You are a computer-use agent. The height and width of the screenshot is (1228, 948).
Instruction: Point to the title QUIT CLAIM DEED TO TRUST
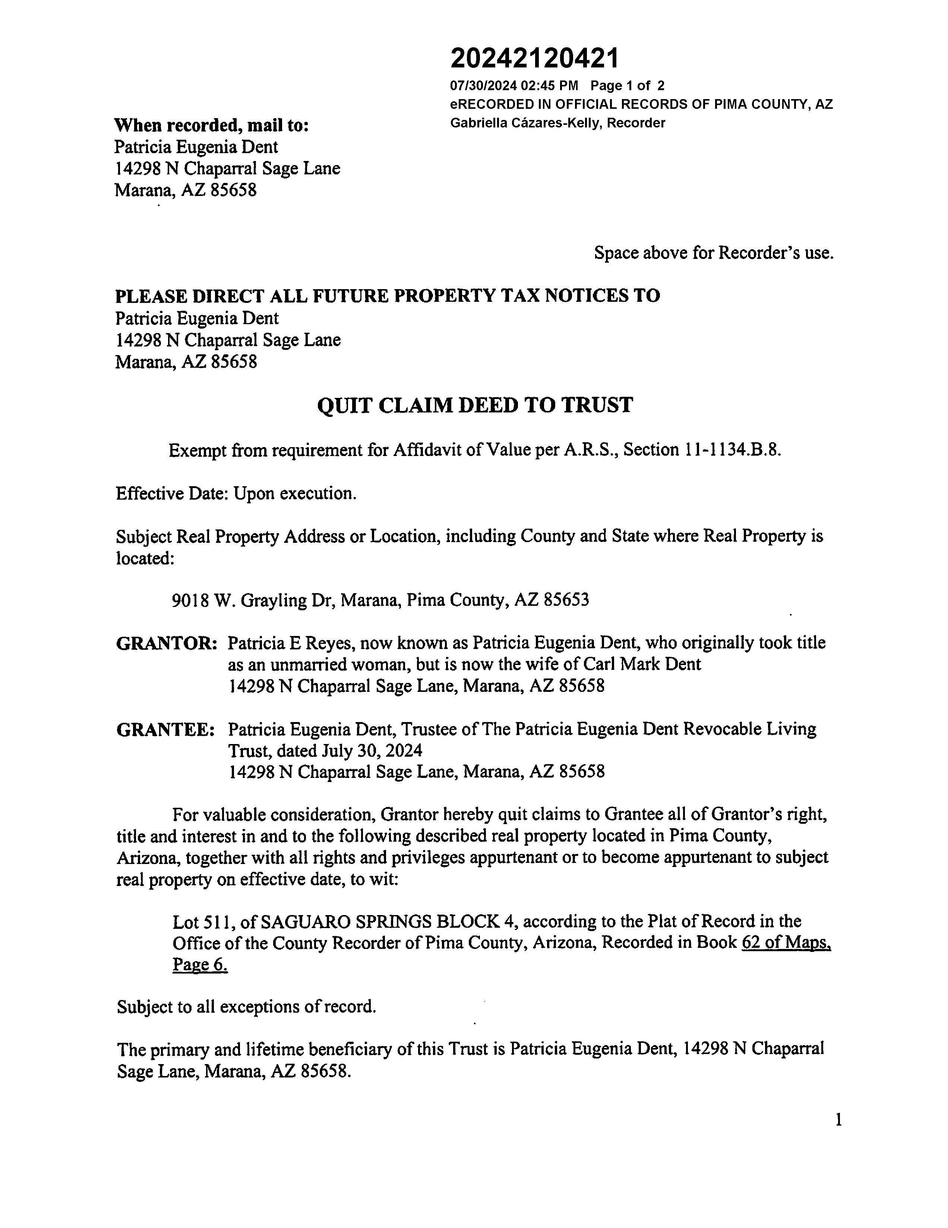pos(475,405)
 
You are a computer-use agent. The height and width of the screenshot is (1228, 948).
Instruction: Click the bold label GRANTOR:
pos(167,643)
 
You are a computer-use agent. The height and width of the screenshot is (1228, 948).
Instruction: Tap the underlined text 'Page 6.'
pos(200,965)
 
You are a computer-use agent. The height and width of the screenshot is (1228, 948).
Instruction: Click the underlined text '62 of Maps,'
pos(786,943)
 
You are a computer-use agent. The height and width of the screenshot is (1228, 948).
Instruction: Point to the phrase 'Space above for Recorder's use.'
pos(714,253)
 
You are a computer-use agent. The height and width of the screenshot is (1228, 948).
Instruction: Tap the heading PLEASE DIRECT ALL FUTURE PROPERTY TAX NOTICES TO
pos(388,296)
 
